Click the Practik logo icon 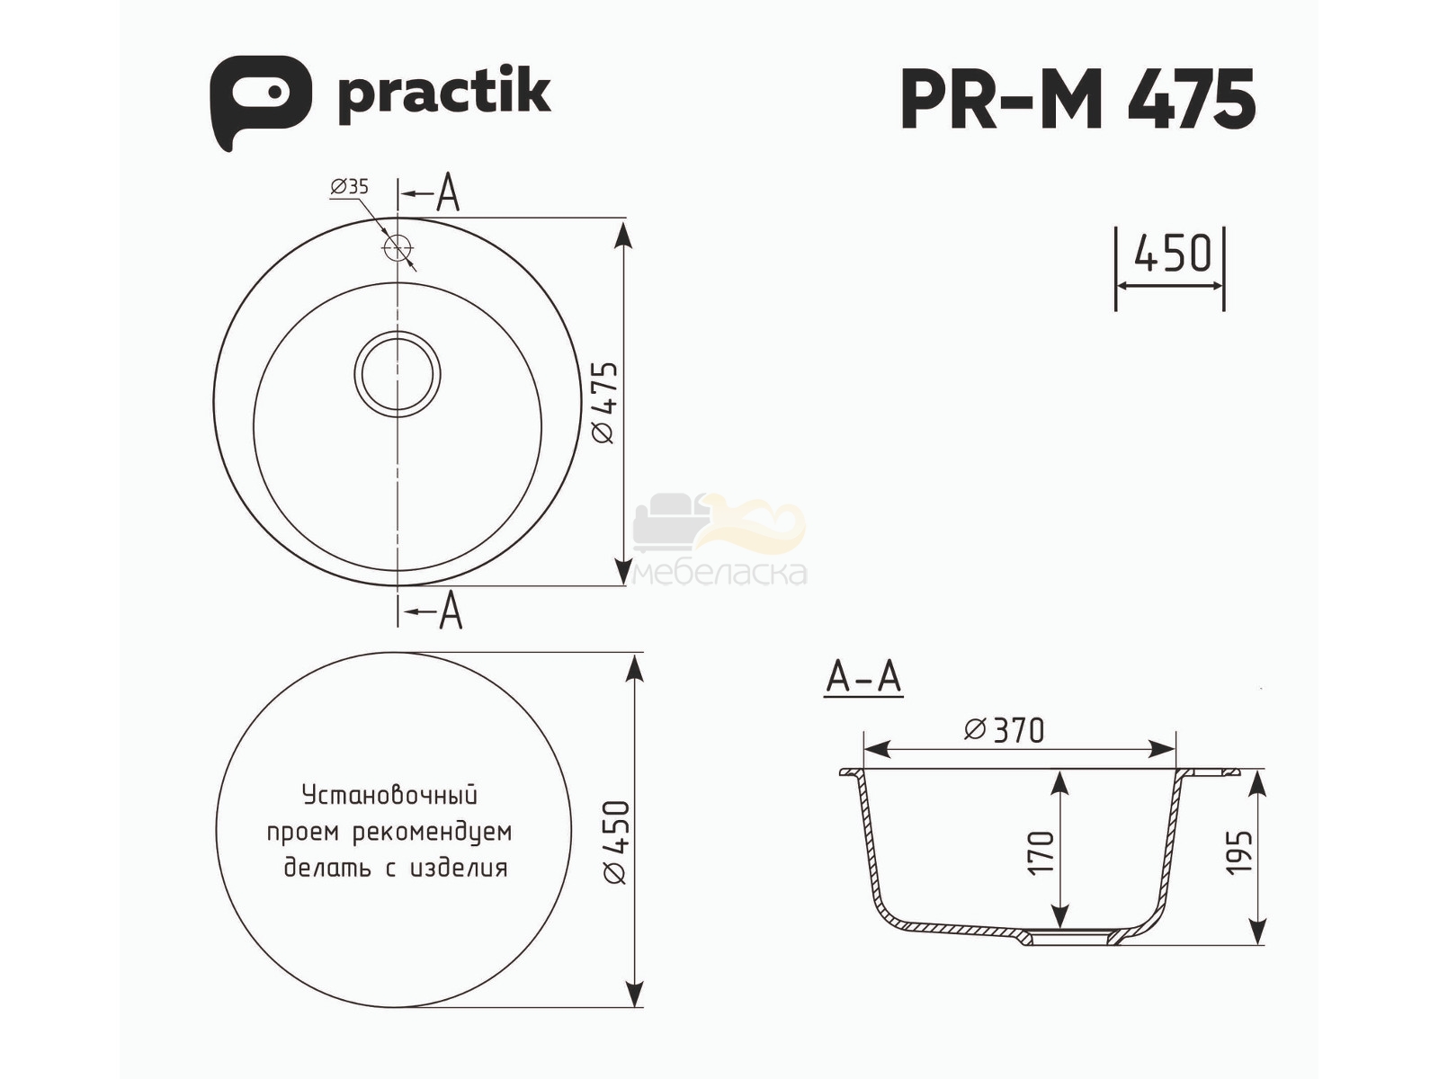tap(260, 102)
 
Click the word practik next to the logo tap(443, 98)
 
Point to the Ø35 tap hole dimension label tap(350, 187)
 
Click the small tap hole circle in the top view tap(397, 247)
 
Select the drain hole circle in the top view tap(398, 374)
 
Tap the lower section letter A tap(451, 610)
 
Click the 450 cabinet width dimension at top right tap(1173, 254)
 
